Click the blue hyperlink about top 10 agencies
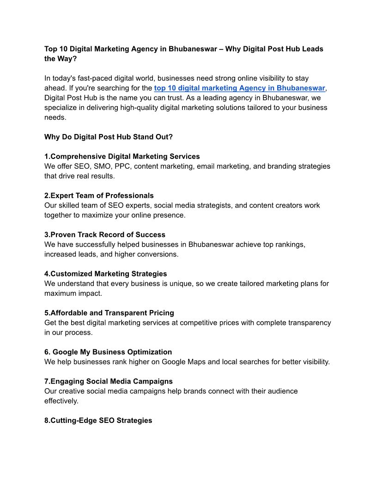click(240, 88)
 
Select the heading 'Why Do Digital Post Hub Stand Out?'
click(109, 137)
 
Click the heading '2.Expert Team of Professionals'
click(99, 195)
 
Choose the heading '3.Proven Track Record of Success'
click(104, 235)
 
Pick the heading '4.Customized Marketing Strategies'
click(105, 274)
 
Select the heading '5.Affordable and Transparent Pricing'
click(109, 313)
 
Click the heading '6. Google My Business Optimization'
click(108, 352)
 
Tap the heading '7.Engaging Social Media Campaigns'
click(109, 381)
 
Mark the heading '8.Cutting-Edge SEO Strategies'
click(98, 421)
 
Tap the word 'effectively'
click(61, 401)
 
